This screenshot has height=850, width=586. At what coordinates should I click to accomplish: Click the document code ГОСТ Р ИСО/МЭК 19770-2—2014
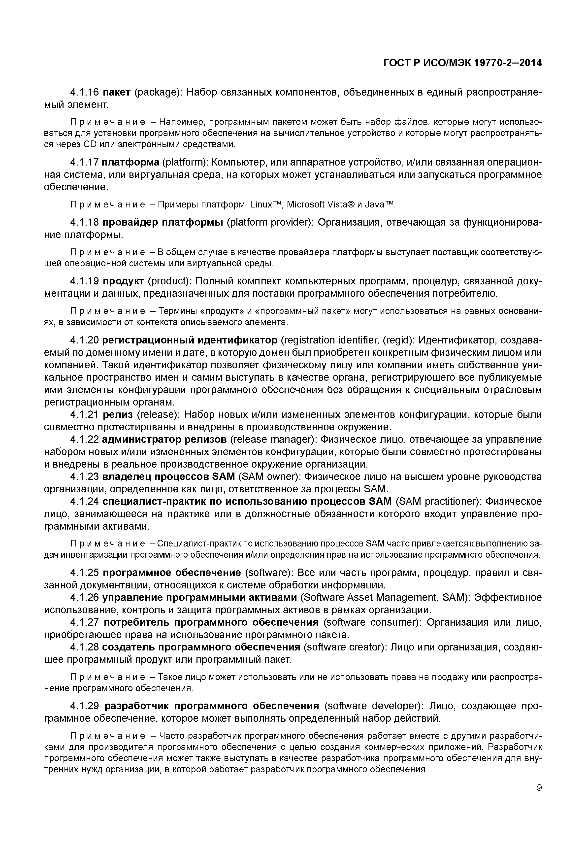coord(463,63)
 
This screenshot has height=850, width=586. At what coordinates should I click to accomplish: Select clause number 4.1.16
coord(84,92)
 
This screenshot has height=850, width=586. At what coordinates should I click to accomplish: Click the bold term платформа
coord(130,162)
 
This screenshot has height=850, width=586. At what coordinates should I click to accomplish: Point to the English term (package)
coord(158,92)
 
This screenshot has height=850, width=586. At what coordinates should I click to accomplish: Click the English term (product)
coord(169,281)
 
